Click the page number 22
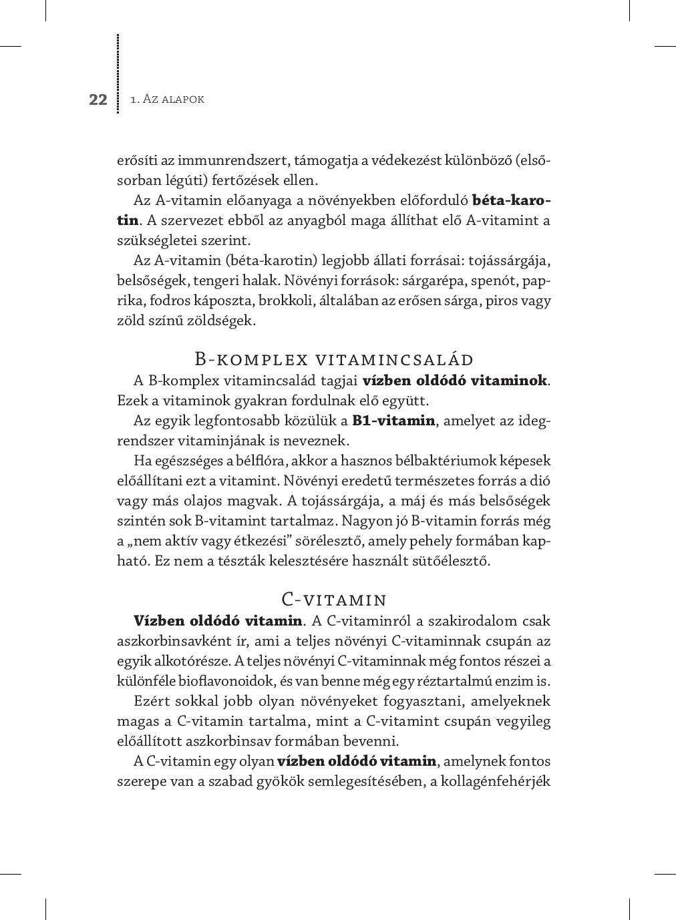(98, 100)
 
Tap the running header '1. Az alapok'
(167, 99)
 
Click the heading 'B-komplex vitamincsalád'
(334, 359)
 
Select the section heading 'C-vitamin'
(334, 599)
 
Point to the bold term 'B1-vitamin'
(393, 421)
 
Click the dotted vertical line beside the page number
(118, 73)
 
